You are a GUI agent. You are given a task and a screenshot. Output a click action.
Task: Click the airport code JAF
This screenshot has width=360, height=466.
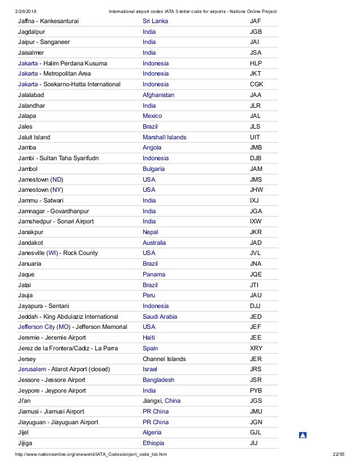255,21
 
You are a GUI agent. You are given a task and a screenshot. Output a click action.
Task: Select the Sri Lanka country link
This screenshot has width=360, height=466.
155,21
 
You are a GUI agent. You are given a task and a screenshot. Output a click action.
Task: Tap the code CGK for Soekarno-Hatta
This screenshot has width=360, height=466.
256,84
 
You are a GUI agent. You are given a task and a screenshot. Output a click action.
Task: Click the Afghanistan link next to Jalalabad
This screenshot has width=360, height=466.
159,95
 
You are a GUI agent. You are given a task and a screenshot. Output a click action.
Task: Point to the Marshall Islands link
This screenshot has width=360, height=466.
165,137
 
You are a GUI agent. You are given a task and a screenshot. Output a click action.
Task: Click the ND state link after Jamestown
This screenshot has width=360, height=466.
58,179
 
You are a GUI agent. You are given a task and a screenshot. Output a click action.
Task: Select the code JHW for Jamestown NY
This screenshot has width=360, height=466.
256,190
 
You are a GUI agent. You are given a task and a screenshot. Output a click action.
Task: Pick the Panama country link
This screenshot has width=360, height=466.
155,274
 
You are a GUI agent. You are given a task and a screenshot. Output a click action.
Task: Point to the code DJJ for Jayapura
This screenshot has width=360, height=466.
255,305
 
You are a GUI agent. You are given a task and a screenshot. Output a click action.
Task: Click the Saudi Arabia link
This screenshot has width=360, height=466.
160,316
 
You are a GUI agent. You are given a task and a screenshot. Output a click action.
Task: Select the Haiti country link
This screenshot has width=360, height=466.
150,337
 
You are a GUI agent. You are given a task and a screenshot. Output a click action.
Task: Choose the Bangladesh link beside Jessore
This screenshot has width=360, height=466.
159,379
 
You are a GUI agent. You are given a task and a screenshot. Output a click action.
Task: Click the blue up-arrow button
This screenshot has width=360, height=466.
302,435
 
